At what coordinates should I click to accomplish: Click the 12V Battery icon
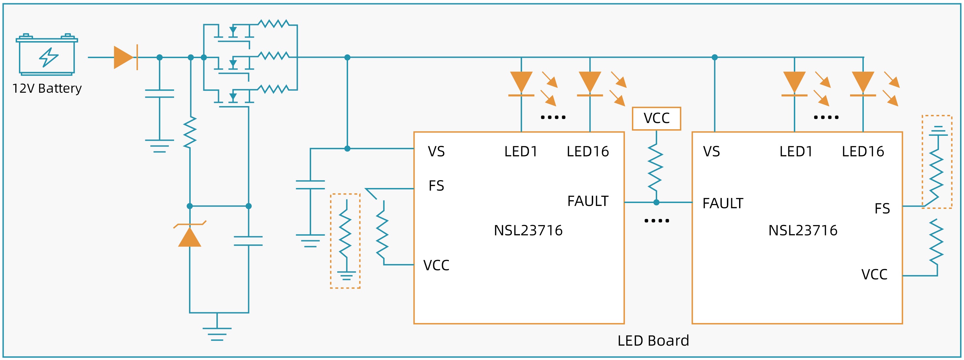click(47, 55)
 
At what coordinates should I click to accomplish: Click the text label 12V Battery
click(47, 88)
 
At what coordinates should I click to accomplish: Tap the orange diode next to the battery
click(125, 57)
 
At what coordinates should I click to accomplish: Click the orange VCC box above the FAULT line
click(656, 118)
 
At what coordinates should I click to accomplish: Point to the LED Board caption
click(653, 340)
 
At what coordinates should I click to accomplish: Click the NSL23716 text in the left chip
click(528, 230)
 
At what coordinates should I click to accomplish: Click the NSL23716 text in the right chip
click(803, 230)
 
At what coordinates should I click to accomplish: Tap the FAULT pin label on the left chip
click(588, 201)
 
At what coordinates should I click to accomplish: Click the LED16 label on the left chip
click(588, 151)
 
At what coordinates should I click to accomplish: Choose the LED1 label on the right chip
click(796, 151)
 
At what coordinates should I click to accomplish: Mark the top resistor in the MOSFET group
click(274, 24)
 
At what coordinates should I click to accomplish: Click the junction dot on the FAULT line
click(656, 202)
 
